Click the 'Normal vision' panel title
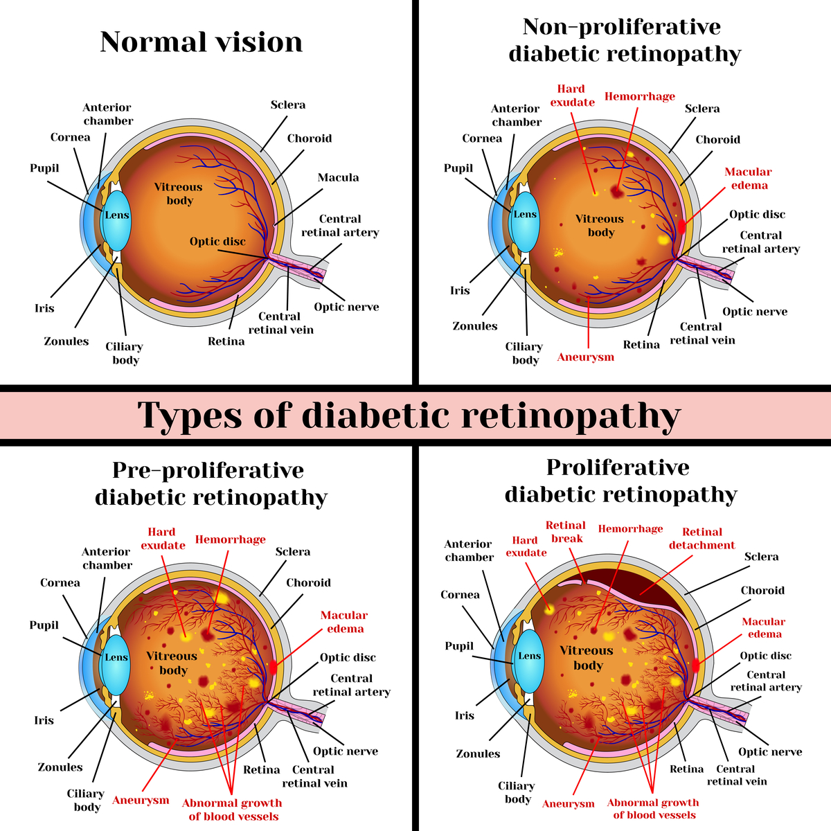202,42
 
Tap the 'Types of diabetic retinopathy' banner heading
409,415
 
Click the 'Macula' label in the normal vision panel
338,178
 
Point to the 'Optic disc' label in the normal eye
217,242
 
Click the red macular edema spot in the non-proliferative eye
682,226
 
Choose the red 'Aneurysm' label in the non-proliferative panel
585,357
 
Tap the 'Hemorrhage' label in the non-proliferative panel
639,96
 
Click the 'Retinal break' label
566,532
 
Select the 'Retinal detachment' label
702,538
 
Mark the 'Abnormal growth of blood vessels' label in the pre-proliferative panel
232,810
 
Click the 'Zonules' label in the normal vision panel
66,341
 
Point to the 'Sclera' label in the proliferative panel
761,557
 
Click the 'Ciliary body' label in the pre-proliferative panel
87,800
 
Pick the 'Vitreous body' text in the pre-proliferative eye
172,663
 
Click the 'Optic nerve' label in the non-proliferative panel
755,312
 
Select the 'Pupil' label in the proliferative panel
458,646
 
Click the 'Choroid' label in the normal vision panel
310,138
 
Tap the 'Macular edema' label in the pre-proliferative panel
344,622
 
